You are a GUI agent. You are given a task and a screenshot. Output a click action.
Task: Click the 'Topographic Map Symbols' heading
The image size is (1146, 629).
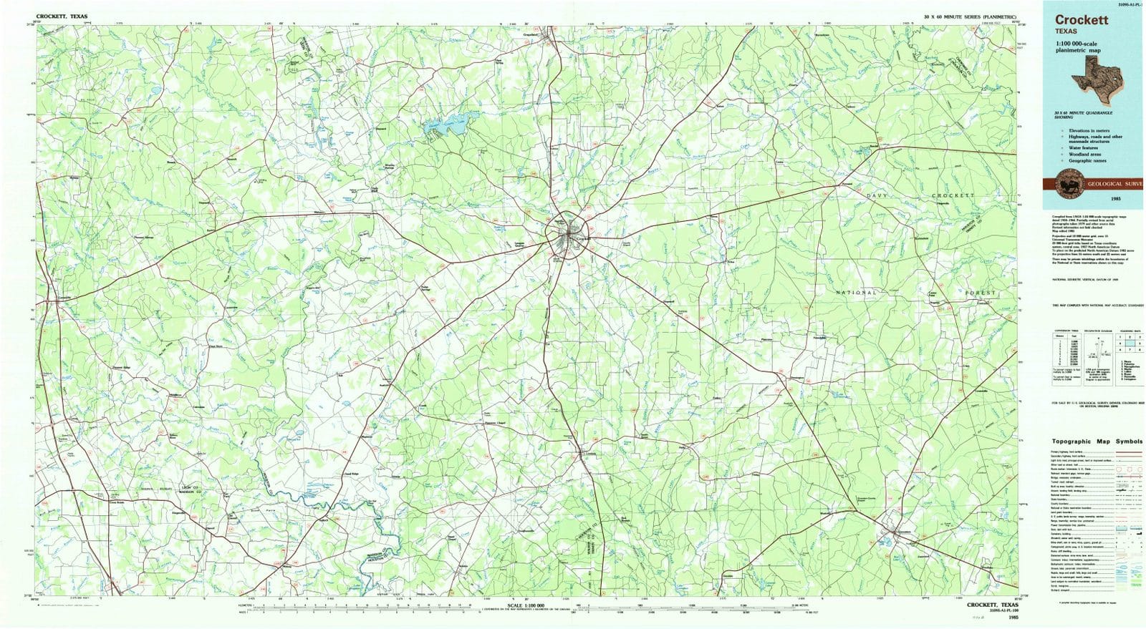[1097, 442]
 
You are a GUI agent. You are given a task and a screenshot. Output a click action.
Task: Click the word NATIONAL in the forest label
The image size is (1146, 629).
[856, 293]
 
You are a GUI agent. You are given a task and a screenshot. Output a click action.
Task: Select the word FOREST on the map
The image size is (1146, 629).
[980, 293]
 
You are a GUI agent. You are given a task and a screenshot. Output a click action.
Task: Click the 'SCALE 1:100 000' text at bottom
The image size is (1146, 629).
[526, 605]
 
